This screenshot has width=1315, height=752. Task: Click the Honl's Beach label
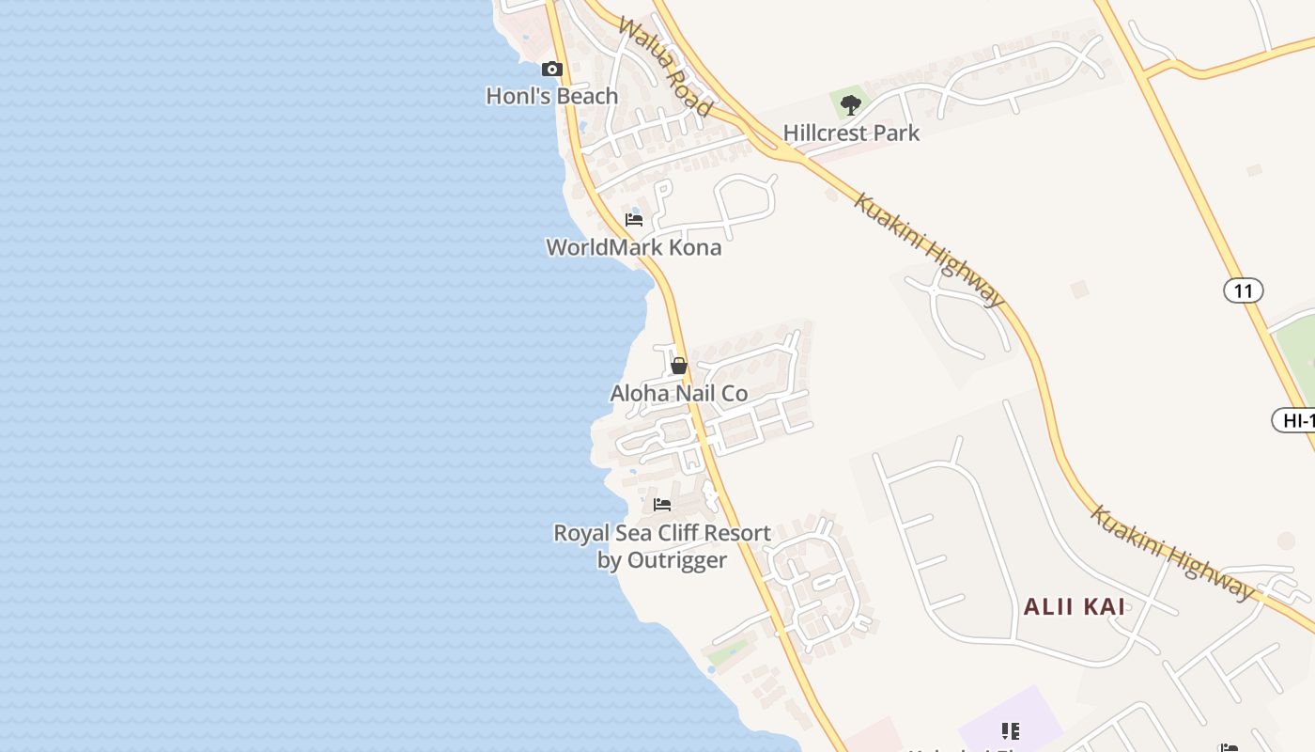551,96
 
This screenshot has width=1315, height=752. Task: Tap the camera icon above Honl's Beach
552,69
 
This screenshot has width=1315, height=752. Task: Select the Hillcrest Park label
851,133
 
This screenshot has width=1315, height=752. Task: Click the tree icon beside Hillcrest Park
851,104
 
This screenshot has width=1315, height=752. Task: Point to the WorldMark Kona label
634,247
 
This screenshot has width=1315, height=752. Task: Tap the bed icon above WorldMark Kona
634,220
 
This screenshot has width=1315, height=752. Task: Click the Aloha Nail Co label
679,393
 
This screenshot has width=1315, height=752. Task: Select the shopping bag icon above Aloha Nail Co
679,366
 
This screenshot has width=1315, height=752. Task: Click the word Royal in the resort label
580,533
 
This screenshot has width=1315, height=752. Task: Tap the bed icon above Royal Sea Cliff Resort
662,505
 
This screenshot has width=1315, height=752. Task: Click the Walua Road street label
664,66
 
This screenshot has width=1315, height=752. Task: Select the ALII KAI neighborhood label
1074,606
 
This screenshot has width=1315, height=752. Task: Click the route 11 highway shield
1243,290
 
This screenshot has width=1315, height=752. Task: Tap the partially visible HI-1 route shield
1296,420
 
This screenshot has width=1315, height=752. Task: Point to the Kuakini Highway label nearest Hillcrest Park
929,249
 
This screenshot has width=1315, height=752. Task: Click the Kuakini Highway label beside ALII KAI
1172,553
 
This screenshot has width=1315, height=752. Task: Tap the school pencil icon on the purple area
1011,730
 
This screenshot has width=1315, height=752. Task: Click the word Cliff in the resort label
679,533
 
